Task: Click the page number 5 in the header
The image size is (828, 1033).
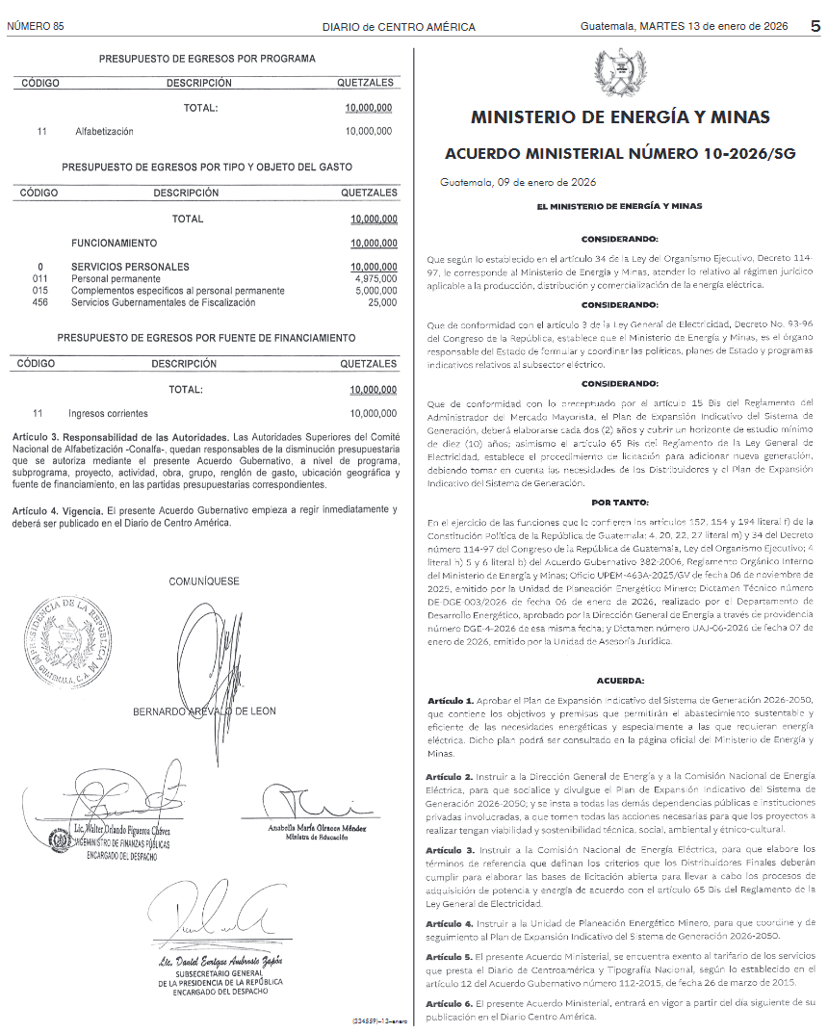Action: coord(815,26)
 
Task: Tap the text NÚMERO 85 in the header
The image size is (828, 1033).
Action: coord(35,26)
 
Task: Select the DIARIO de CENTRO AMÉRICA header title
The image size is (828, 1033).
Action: coord(399,27)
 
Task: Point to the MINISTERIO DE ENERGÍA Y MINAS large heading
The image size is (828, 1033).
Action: coord(620,117)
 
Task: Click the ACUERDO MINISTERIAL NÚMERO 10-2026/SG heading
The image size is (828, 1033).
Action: coord(620,154)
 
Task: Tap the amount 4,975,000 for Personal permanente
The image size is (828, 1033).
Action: coord(375,278)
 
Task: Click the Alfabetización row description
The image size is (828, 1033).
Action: coord(104,131)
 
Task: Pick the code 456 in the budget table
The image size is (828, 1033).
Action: coord(40,302)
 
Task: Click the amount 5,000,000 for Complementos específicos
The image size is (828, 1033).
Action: coord(375,290)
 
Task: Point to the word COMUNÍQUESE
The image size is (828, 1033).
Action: coord(204,581)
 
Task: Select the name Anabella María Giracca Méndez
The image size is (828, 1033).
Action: coord(318,829)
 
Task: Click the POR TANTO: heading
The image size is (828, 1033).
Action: coord(620,503)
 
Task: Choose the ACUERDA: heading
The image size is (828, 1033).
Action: coord(620,681)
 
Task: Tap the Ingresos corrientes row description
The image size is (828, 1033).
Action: coord(108,413)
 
